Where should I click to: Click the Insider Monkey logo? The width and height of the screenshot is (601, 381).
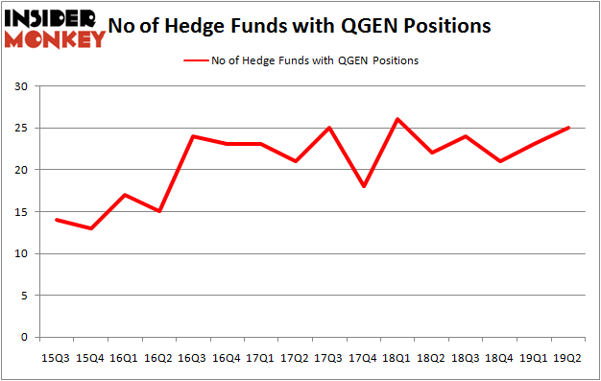coord(55,28)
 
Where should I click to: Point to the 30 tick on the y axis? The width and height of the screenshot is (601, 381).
coord(21,86)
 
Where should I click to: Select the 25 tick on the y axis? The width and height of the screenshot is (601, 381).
coord(21,129)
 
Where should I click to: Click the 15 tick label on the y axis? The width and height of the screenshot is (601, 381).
coord(21,212)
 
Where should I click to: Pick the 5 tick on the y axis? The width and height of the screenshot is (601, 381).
coord(24,296)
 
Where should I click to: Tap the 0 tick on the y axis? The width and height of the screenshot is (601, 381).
coord(24,338)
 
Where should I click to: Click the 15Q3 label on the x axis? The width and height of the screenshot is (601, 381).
coord(57,358)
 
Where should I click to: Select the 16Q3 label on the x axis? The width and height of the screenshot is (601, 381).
coord(193,358)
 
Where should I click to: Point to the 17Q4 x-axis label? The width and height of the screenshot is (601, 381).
coord(363,358)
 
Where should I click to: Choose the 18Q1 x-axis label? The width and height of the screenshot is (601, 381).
coord(397,358)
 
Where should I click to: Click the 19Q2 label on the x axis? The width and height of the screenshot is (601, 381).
coord(567,358)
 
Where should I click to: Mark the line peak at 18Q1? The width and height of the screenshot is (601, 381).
coord(397,119)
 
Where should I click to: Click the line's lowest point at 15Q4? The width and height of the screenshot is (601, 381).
coord(90,228)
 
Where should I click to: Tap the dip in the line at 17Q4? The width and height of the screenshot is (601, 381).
coord(363,186)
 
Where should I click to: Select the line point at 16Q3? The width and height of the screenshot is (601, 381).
coord(193,136)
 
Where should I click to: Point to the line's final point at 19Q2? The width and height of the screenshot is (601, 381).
coord(567,128)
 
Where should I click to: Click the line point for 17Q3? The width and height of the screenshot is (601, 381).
coord(329,128)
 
